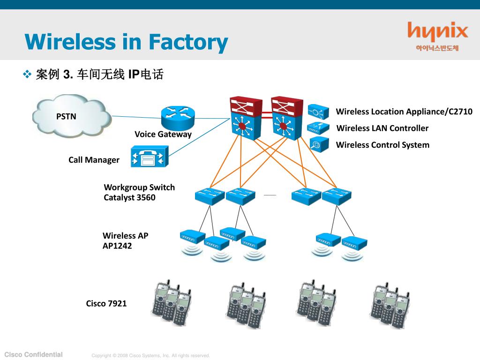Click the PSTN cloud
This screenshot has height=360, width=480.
coord(72,116)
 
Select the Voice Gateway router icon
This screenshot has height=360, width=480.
coord(178,118)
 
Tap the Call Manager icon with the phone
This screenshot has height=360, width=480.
coord(150,157)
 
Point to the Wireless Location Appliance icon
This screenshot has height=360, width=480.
coord(318,112)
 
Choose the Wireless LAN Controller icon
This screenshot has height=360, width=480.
coord(318,128)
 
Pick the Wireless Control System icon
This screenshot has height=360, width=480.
coord(319,144)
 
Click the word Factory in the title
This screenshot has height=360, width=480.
coord(188,43)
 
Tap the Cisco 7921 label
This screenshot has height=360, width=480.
coord(106,303)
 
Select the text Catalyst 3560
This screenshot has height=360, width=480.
coord(129,197)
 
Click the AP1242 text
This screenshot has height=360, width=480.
coord(117,246)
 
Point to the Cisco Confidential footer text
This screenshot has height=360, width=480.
coord(34,354)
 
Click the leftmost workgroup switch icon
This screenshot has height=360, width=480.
coord(210,196)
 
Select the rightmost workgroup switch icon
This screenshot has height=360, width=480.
coord(337,196)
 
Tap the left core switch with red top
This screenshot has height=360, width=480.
coord(246,118)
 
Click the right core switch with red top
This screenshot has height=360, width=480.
coord(287,118)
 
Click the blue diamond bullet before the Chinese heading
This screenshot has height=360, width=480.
coord(27,74)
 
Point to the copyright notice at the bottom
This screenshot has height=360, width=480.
coord(150,355)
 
